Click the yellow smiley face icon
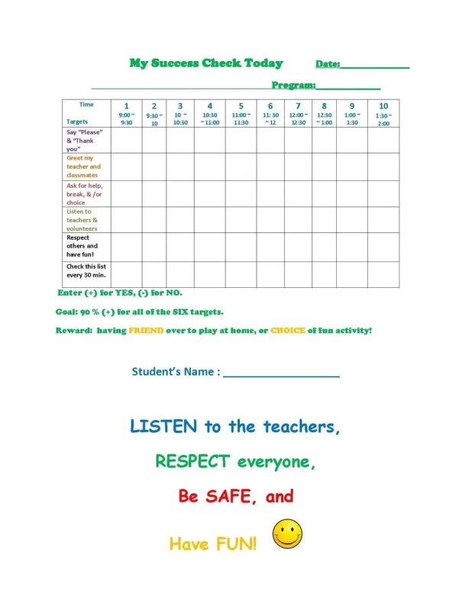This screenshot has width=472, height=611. click(x=287, y=534)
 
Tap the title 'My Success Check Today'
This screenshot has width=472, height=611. click(x=205, y=63)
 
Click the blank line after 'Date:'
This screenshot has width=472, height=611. click(x=375, y=66)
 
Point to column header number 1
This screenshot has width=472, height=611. click(x=127, y=106)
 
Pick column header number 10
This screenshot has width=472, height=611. click(x=383, y=106)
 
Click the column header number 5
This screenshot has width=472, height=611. click(x=241, y=106)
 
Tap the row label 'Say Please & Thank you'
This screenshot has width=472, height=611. click(x=84, y=141)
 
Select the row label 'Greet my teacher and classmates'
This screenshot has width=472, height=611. click(x=83, y=166)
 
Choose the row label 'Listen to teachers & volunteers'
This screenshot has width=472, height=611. click(x=82, y=220)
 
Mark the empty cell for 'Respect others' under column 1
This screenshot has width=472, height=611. click(x=127, y=246)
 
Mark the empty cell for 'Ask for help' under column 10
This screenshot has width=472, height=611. click(x=383, y=194)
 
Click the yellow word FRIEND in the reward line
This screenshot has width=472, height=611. click(x=146, y=331)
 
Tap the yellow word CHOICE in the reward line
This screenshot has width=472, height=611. click(x=288, y=331)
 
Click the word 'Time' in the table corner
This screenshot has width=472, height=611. click(x=87, y=105)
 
